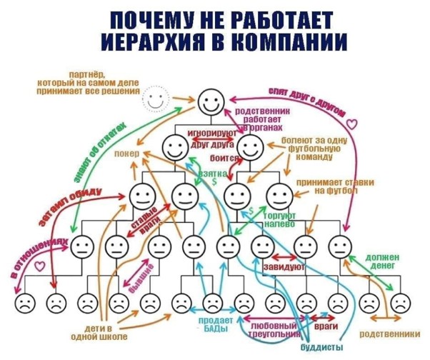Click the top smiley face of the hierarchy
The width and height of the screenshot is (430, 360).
pos(211,102)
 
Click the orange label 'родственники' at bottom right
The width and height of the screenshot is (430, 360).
pos(389,334)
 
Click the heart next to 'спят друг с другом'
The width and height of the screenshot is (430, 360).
pos(359,123)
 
